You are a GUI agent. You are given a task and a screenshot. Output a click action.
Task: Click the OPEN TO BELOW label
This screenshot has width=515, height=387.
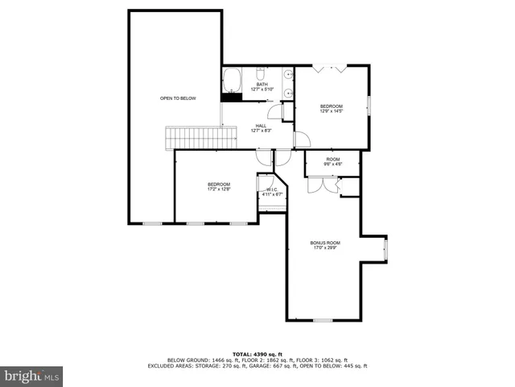point(178,98)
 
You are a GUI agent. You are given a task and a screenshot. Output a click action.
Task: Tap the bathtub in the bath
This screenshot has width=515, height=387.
point(232,80)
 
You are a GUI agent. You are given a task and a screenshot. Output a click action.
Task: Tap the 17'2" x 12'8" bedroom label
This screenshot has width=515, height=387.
point(219,186)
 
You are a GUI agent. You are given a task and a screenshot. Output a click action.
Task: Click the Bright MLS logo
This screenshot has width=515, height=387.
point(32,376)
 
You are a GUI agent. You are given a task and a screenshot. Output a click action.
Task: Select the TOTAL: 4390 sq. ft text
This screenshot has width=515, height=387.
point(257,353)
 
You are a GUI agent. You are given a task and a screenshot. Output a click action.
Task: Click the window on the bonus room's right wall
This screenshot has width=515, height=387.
point(385,250)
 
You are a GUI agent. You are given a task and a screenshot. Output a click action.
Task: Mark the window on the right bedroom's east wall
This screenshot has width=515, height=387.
point(369,106)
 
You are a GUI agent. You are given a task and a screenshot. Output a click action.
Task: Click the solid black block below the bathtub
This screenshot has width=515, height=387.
point(232,97)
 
